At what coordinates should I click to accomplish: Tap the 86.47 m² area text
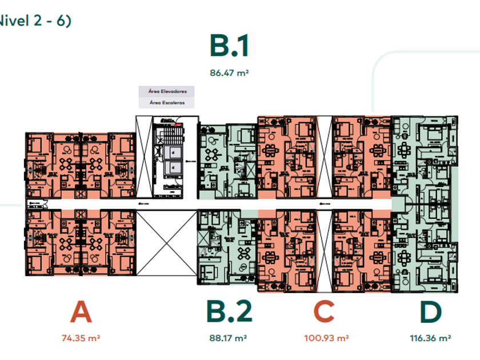pyautogui.click(x=229, y=73)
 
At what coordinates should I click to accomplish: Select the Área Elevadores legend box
pyautogui.click(x=167, y=91)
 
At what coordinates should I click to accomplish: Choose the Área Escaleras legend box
pyautogui.click(x=167, y=103)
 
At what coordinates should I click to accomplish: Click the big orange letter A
pyautogui.click(x=81, y=313)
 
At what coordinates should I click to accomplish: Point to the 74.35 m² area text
pyautogui.click(x=81, y=338)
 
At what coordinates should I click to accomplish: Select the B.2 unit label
pyautogui.click(x=229, y=313)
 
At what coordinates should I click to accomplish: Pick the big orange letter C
pyautogui.click(x=324, y=313)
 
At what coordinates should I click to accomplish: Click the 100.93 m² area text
pyautogui.click(x=326, y=338)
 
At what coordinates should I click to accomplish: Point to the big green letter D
pyautogui.click(x=430, y=313)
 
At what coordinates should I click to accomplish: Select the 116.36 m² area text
pyautogui.click(x=430, y=338)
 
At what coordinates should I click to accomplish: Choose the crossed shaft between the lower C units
pyautogui.click(x=324, y=250)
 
